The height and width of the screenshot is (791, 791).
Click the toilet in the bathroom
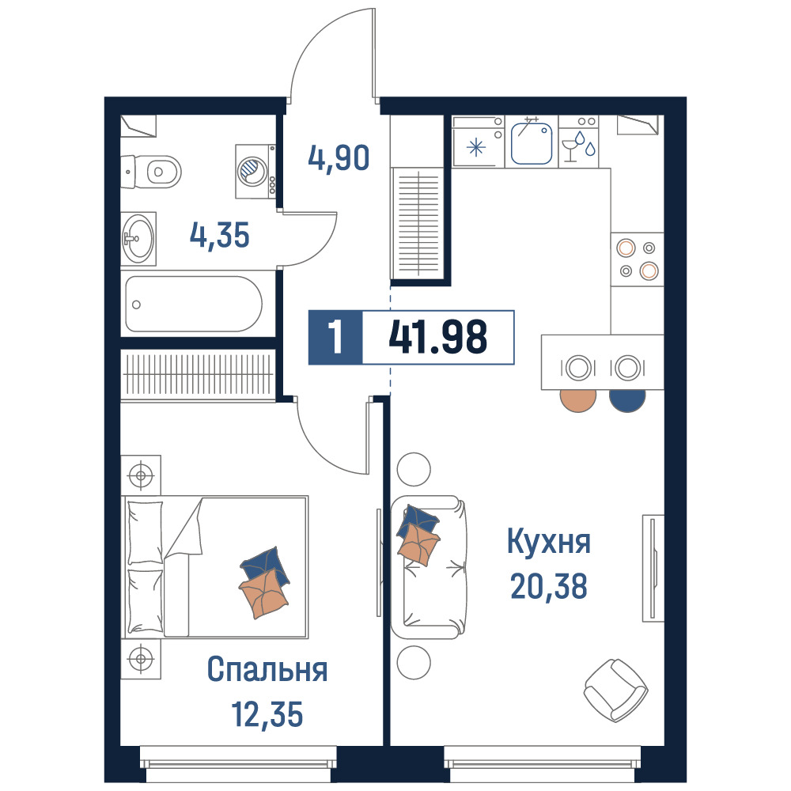151,172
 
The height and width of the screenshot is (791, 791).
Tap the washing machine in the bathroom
255,172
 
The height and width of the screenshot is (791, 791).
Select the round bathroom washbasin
138,239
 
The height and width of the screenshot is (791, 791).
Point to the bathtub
194,304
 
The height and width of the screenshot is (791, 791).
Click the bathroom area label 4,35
219,236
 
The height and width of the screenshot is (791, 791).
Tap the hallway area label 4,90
339,158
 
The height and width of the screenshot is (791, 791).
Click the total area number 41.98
438,337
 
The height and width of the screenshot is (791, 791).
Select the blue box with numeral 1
335,337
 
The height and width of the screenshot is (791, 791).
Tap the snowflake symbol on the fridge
475,148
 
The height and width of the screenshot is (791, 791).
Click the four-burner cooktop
637,259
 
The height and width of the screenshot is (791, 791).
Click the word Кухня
548,542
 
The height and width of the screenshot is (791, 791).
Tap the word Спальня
267,669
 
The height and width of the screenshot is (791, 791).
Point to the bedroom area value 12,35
267,713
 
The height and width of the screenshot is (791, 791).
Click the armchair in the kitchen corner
616,690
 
